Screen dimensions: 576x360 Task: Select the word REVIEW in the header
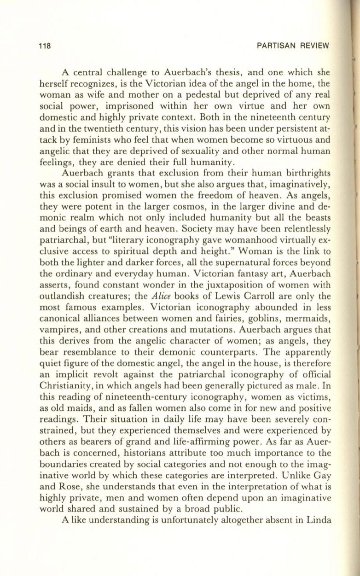[x=312, y=46]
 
